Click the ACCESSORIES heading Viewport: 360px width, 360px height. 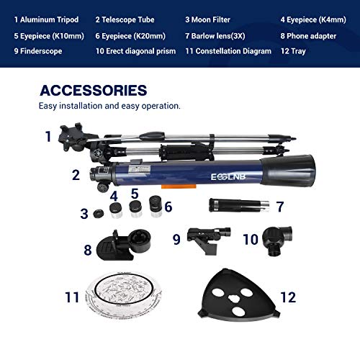(x=94, y=90)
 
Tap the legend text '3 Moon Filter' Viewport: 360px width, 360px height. (x=207, y=19)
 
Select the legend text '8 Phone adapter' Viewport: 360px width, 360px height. (x=308, y=36)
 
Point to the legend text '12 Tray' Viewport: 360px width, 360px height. (x=293, y=51)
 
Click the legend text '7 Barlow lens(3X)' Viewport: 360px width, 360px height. (x=215, y=36)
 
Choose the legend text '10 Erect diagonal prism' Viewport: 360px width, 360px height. (x=135, y=51)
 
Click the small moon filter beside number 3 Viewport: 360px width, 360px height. (x=99, y=213)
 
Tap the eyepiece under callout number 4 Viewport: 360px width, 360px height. (x=116, y=210)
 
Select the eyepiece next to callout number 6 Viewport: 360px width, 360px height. (x=156, y=206)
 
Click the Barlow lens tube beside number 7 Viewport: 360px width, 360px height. (x=239, y=205)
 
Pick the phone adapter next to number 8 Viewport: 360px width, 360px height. (x=124, y=245)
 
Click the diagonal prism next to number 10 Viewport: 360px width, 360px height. (x=277, y=240)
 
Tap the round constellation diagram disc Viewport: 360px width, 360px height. (x=124, y=295)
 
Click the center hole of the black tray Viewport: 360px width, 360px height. (x=234, y=299)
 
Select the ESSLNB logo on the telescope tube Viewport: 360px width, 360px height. (x=228, y=177)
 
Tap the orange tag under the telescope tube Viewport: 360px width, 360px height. (x=179, y=186)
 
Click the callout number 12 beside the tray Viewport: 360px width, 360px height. (x=288, y=297)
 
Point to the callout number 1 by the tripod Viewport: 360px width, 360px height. (x=48, y=136)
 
